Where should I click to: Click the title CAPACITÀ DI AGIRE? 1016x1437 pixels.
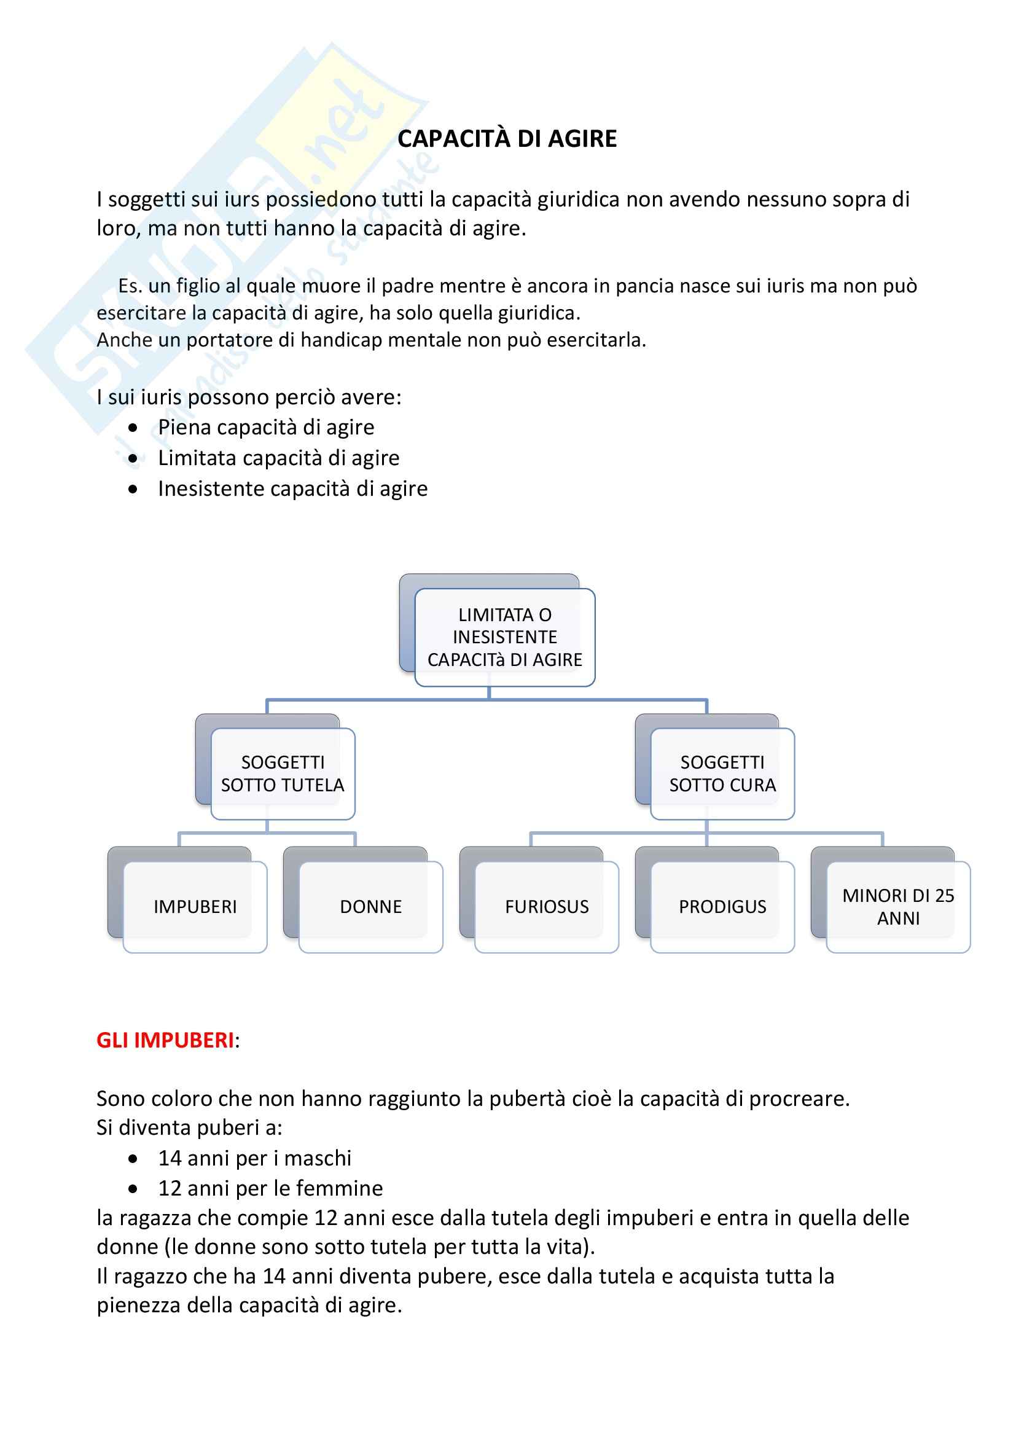click(507, 139)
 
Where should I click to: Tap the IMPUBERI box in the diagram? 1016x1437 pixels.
click(195, 906)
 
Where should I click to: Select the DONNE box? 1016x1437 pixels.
click(371, 906)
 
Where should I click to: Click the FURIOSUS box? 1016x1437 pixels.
click(547, 906)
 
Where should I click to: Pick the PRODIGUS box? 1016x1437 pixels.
click(722, 906)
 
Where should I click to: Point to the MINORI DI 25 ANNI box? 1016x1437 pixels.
click(899, 906)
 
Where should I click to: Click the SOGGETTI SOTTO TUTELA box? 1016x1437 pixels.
click(283, 773)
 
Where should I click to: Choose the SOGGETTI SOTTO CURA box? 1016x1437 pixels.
click(722, 773)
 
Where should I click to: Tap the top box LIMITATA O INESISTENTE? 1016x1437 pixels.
click(505, 637)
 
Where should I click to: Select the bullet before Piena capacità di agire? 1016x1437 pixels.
click(133, 428)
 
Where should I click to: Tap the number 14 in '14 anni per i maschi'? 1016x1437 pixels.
click(170, 1159)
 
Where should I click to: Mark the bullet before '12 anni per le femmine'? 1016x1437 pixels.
click(133, 1189)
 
